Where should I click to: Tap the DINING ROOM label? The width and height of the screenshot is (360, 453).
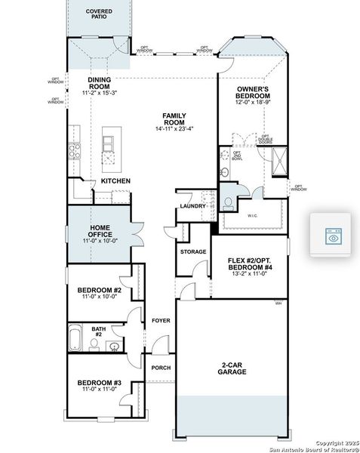tap(100, 82)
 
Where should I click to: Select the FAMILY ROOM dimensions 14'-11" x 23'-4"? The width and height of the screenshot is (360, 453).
tap(174, 128)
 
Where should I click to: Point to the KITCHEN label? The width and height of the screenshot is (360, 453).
tap(116, 181)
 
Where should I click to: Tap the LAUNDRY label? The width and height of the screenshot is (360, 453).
tap(192, 205)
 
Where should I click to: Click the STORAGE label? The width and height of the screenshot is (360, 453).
tap(193, 251)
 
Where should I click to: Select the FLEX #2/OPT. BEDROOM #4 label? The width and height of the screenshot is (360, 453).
tap(249, 263)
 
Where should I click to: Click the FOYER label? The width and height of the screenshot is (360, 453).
tap(160, 321)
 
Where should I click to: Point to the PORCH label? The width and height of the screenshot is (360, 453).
tap(161, 368)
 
